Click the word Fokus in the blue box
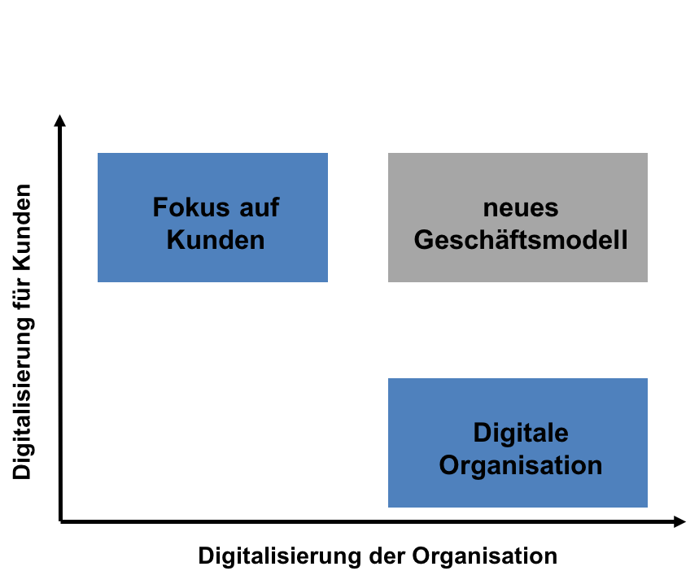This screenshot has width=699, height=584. [191, 207]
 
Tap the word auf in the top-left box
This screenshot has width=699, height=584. [260, 207]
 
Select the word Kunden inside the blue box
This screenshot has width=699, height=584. [216, 240]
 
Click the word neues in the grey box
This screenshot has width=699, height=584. [521, 208]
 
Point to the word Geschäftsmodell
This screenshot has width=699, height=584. [521, 240]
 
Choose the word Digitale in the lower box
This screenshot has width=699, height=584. [521, 433]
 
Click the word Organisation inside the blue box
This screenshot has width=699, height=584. [521, 466]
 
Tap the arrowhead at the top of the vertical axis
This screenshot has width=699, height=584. [59, 120]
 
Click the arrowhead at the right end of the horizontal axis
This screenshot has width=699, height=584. [679, 521]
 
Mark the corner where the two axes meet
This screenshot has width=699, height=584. [60, 521]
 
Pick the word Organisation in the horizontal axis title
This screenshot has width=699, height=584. [484, 556]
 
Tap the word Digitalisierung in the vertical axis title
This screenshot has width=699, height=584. [22, 399]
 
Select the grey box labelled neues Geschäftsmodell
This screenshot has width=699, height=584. [518, 217]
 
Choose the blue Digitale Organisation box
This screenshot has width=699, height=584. [518, 442]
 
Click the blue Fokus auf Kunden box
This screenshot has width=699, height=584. [212, 217]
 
